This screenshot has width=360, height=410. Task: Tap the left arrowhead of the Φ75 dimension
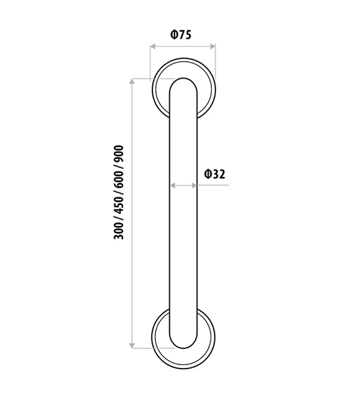[x=153, y=45]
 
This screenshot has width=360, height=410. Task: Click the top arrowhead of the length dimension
[x=132, y=82]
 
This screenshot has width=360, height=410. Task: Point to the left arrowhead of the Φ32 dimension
[x=173, y=185]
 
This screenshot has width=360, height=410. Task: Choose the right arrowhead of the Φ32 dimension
[x=193, y=185]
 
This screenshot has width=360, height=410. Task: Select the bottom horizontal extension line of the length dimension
[x=153, y=348]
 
